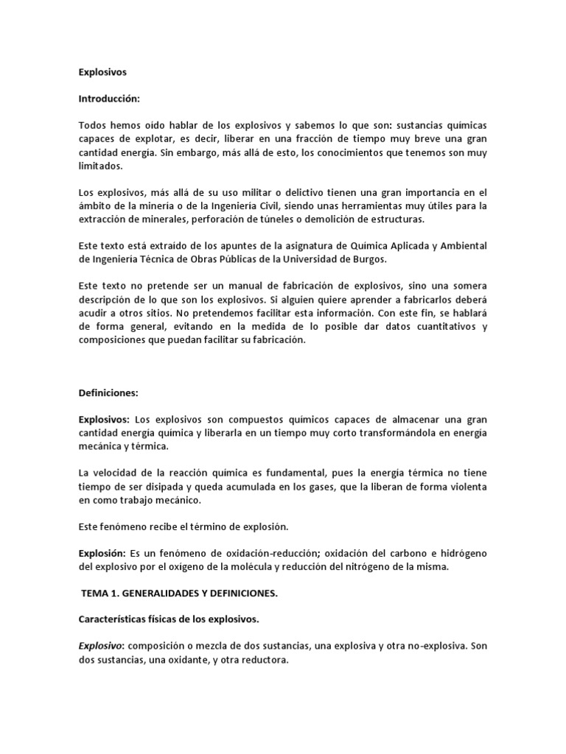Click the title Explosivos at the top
[102, 72]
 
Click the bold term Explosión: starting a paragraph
[102, 553]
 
